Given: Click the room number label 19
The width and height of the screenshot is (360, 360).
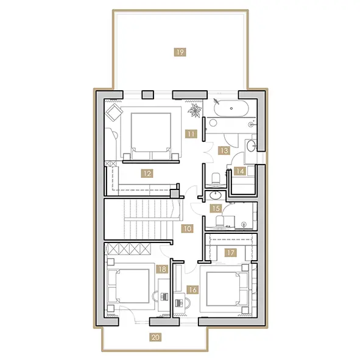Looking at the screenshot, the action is pos(180,52).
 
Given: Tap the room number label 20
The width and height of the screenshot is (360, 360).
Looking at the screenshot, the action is pos(155,337).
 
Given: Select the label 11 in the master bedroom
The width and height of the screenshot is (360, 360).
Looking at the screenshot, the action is pos(191,133).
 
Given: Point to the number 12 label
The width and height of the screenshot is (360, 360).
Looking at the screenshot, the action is pos(147,174).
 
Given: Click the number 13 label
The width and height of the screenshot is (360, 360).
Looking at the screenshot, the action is pos(224,150).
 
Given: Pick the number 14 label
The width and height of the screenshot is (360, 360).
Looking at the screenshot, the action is pos(240,171).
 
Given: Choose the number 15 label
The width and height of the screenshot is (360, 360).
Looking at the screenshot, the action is pos(216,208).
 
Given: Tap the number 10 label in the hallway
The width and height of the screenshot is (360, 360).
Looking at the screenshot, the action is pos(188,228).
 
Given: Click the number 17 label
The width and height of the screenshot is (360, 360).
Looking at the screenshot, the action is pos(230,253).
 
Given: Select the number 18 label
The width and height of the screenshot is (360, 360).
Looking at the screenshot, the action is pos(162,269).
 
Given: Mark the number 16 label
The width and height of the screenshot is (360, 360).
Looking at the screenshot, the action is pos(192,290).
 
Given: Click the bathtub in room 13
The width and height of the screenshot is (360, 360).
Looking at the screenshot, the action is pos(231,108).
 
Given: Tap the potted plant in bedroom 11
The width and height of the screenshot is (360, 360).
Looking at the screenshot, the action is pos(195,110).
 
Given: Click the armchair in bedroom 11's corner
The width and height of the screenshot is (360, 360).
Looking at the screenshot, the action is pos(114,112).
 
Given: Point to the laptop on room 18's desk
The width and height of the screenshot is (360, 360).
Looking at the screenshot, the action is pos(164,297).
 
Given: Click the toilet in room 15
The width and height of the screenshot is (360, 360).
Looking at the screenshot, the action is pos(220,222).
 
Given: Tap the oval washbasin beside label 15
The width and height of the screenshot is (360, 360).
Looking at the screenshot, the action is pos(216,196).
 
